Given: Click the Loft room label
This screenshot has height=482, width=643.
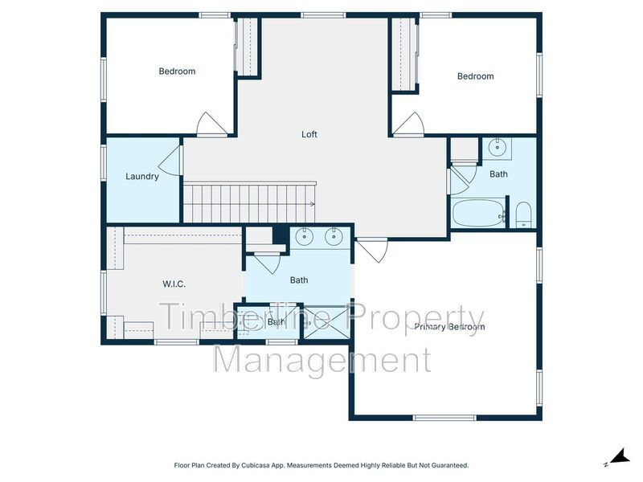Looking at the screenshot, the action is [x=309, y=134].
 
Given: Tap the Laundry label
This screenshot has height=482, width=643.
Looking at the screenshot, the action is [x=142, y=177].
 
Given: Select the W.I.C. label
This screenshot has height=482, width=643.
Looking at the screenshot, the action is [x=174, y=284].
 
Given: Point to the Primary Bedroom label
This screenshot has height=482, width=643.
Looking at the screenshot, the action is [x=449, y=327].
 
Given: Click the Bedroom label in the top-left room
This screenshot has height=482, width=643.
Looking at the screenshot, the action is [x=177, y=71].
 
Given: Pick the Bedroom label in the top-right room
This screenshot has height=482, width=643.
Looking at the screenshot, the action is [x=475, y=76].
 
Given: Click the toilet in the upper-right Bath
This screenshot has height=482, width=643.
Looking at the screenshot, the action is [x=523, y=214].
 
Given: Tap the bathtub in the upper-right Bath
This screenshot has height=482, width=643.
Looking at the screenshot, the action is [x=479, y=213].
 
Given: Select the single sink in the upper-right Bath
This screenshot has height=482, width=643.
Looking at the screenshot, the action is [x=497, y=148].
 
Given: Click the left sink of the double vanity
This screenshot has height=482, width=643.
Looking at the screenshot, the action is [x=305, y=236].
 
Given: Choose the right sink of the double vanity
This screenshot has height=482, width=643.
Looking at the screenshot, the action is [x=334, y=236].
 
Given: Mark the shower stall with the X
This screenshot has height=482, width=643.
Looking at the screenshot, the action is [x=326, y=322].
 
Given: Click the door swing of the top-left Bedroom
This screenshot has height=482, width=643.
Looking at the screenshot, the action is [x=211, y=124].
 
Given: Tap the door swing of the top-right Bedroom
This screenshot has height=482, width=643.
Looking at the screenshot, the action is [x=408, y=124].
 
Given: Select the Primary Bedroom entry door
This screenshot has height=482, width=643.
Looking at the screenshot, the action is [x=372, y=250].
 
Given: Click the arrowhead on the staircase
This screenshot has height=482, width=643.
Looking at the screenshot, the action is [x=313, y=204].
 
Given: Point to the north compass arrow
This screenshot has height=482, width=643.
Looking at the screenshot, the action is [x=619, y=456].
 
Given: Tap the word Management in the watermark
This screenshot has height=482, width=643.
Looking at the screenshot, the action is [x=322, y=359].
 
